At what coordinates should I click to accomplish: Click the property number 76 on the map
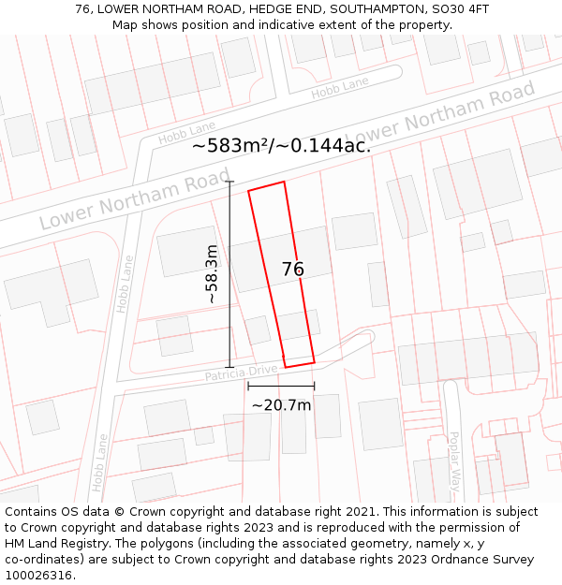click(x=292, y=270)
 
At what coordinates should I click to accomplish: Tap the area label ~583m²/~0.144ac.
click(x=281, y=145)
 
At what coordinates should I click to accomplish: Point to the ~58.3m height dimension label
click(x=212, y=273)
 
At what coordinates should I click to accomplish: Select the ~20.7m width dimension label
click(x=281, y=405)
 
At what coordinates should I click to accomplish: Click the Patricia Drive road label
click(x=242, y=373)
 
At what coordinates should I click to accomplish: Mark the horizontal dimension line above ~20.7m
click(x=281, y=386)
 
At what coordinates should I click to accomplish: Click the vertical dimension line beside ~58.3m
click(x=230, y=273)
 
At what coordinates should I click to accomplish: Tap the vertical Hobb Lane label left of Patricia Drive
click(x=125, y=284)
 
